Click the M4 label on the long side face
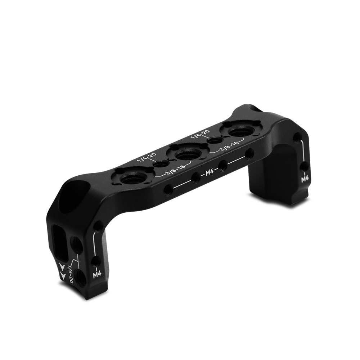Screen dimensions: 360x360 (209, 172)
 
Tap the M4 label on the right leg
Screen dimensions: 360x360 (305, 179)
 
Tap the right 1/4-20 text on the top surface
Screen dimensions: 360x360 (200, 135)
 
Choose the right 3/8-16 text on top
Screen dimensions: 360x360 (229, 146)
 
